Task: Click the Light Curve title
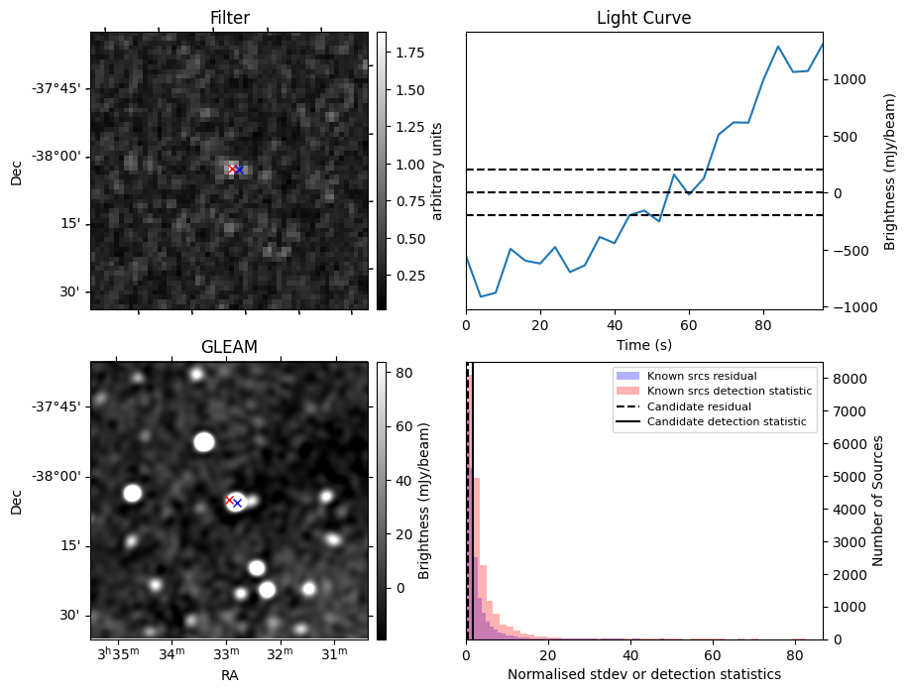[x=643, y=18]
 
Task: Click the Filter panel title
[x=229, y=18]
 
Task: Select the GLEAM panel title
[x=229, y=347]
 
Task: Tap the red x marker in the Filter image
[x=232, y=169]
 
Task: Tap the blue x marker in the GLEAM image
[x=237, y=504]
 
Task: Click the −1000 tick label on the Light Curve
[x=852, y=306]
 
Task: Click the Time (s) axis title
[x=643, y=344]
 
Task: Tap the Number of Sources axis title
[x=879, y=501]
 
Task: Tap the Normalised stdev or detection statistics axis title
[x=643, y=674]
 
